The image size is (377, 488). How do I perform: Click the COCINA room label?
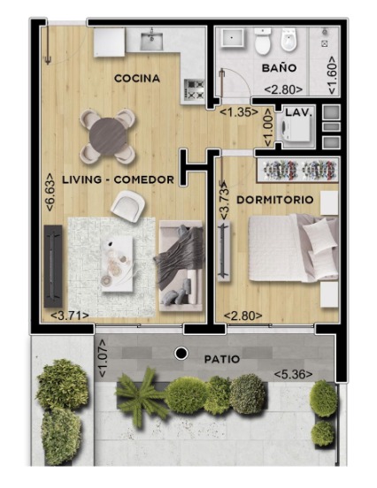tap(137, 78)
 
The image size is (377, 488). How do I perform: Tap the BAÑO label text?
tap(279, 67)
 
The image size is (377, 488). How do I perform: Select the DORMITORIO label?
tap(275, 200)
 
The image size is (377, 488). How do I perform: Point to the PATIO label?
tap(222, 359)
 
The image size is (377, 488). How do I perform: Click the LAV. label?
tap(299, 112)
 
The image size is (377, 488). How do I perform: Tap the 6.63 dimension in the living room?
tap(50, 192)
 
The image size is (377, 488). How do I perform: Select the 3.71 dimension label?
tap(70, 316)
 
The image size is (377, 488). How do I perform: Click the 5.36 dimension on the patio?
tap(293, 375)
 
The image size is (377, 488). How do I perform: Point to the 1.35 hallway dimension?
tap(239, 112)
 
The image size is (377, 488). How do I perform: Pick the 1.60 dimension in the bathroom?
tap(332, 75)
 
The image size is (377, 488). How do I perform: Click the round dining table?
tap(108, 136)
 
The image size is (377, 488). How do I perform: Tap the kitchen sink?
tap(151, 41)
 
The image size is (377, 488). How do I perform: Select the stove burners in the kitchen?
tap(195, 88)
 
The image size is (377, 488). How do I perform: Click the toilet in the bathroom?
tap(263, 41)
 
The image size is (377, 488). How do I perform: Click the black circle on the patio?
tap(181, 353)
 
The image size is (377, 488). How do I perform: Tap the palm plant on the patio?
tap(140, 395)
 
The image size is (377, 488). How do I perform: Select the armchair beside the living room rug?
tap(128, 205)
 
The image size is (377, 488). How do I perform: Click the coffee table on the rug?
tap(117, 263)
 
